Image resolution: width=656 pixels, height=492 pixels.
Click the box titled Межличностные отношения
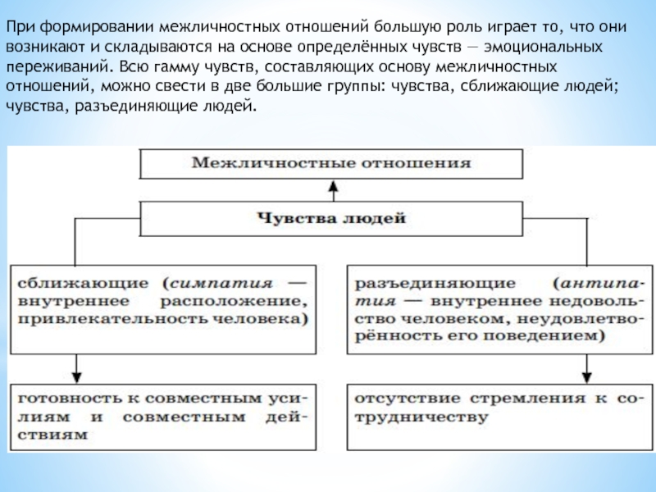point(331,162)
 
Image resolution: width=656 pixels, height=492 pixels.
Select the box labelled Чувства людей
point(331,218)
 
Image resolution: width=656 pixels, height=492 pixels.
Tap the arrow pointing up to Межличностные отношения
point(332,190)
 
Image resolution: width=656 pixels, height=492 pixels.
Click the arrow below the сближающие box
point(76,364)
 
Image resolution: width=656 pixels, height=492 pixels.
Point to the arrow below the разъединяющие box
point(587,364)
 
